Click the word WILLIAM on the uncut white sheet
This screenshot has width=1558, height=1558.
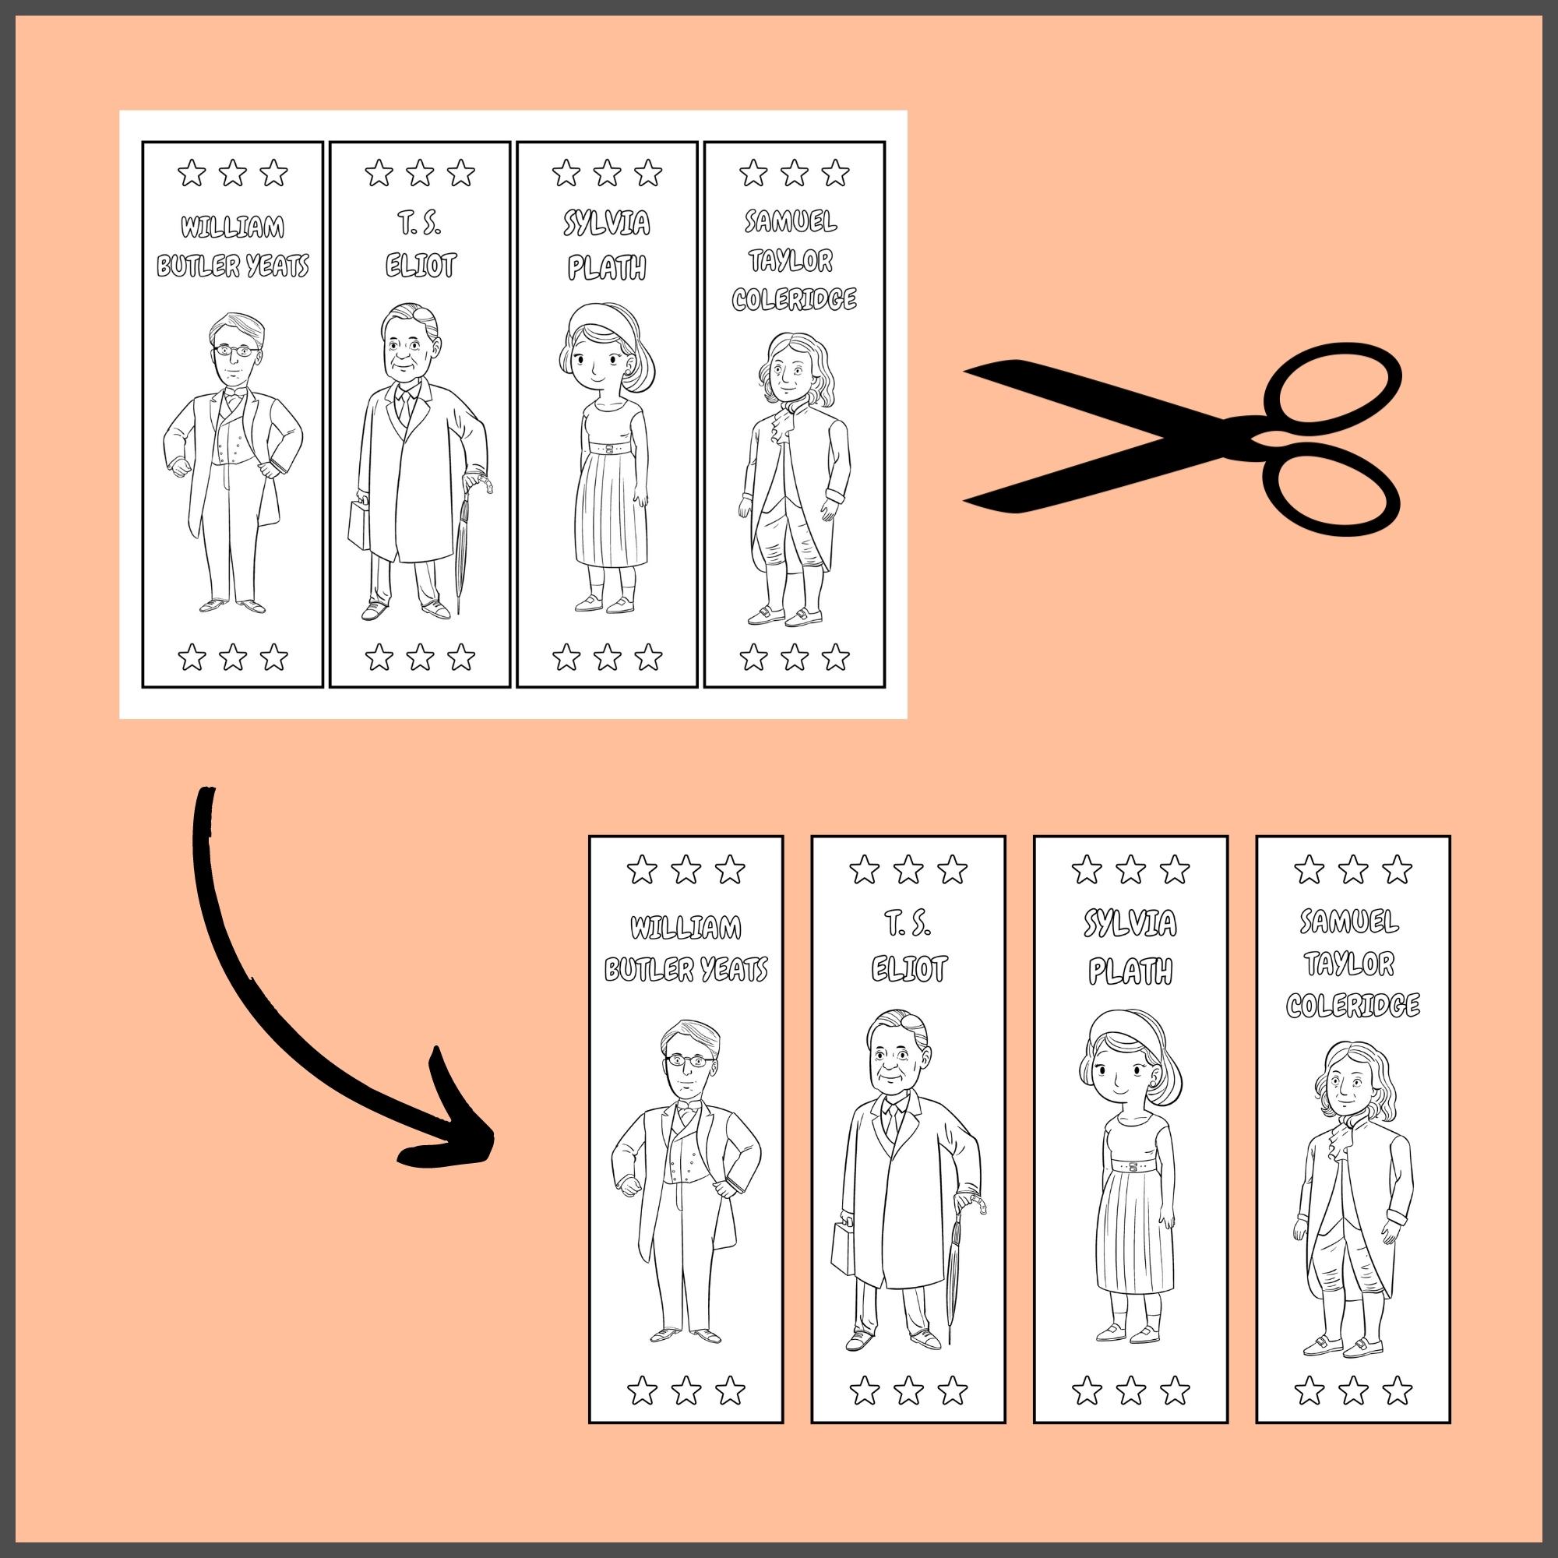click(232, 227)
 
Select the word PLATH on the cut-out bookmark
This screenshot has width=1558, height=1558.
click(1130, 971)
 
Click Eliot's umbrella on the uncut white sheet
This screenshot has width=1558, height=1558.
click(462, 548)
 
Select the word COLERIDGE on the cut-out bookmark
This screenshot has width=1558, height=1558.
click(1352, 1006)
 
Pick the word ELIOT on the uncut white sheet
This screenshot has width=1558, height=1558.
click(420, 266)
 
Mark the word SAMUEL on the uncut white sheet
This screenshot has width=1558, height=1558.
click(791, 221)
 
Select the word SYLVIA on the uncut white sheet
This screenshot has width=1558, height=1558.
click(606, 224)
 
